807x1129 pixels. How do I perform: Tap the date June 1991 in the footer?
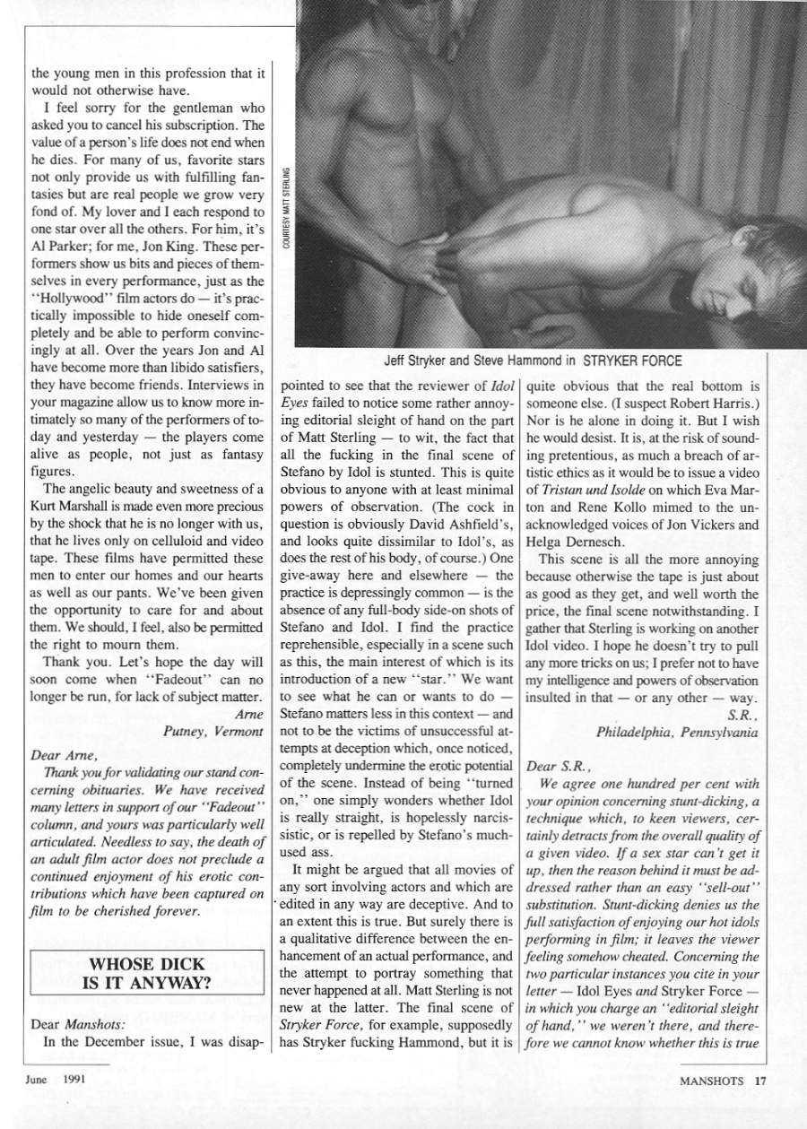[x=56, y=1080]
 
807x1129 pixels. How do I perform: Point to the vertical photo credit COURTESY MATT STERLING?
[x=285, y=213]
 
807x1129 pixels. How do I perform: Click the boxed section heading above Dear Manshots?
[x=147, y=972]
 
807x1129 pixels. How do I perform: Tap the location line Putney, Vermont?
[x=213, y=731]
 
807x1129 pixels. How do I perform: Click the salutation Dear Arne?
[x=61, y=755]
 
